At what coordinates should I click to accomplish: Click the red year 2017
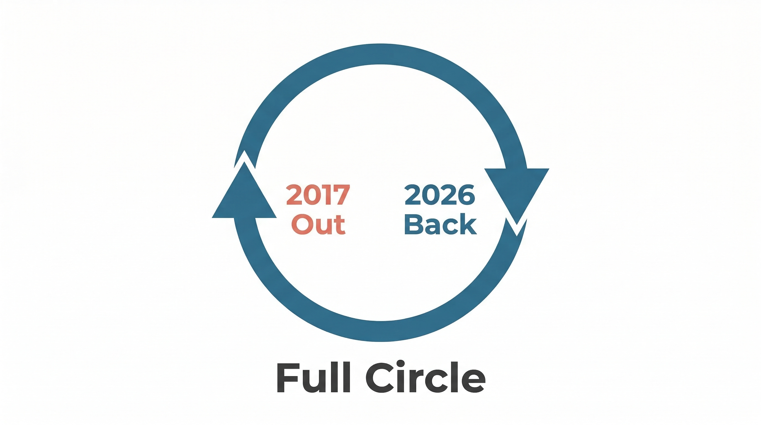[318, 195]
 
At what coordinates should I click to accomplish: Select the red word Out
[318, 224]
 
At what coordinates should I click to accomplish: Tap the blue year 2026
[440, 195]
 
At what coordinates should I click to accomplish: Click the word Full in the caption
[313, 377]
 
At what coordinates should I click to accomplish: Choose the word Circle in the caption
[425, 377]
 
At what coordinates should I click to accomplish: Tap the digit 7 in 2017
[341, 195]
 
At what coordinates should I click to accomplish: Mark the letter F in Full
[285, 377]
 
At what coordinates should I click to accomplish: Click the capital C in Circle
[379, 377]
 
